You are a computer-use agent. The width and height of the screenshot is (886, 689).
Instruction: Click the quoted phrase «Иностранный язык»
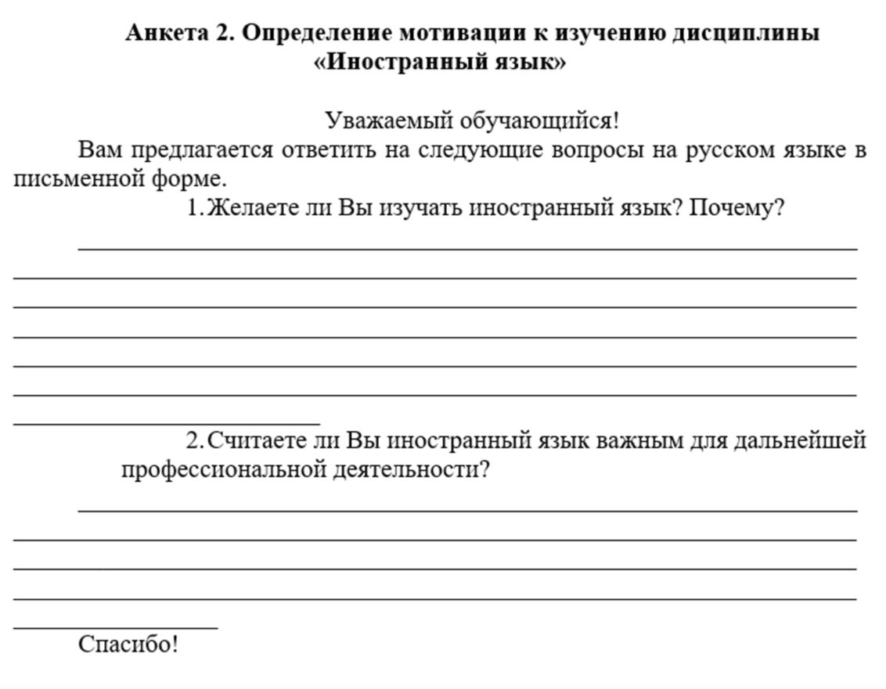438,63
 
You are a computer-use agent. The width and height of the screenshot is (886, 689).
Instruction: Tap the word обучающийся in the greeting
539,121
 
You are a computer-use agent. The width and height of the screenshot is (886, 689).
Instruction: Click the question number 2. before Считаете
195,441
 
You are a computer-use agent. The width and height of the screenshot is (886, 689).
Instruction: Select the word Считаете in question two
257,441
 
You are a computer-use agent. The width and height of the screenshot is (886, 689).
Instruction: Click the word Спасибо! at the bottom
128,644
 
